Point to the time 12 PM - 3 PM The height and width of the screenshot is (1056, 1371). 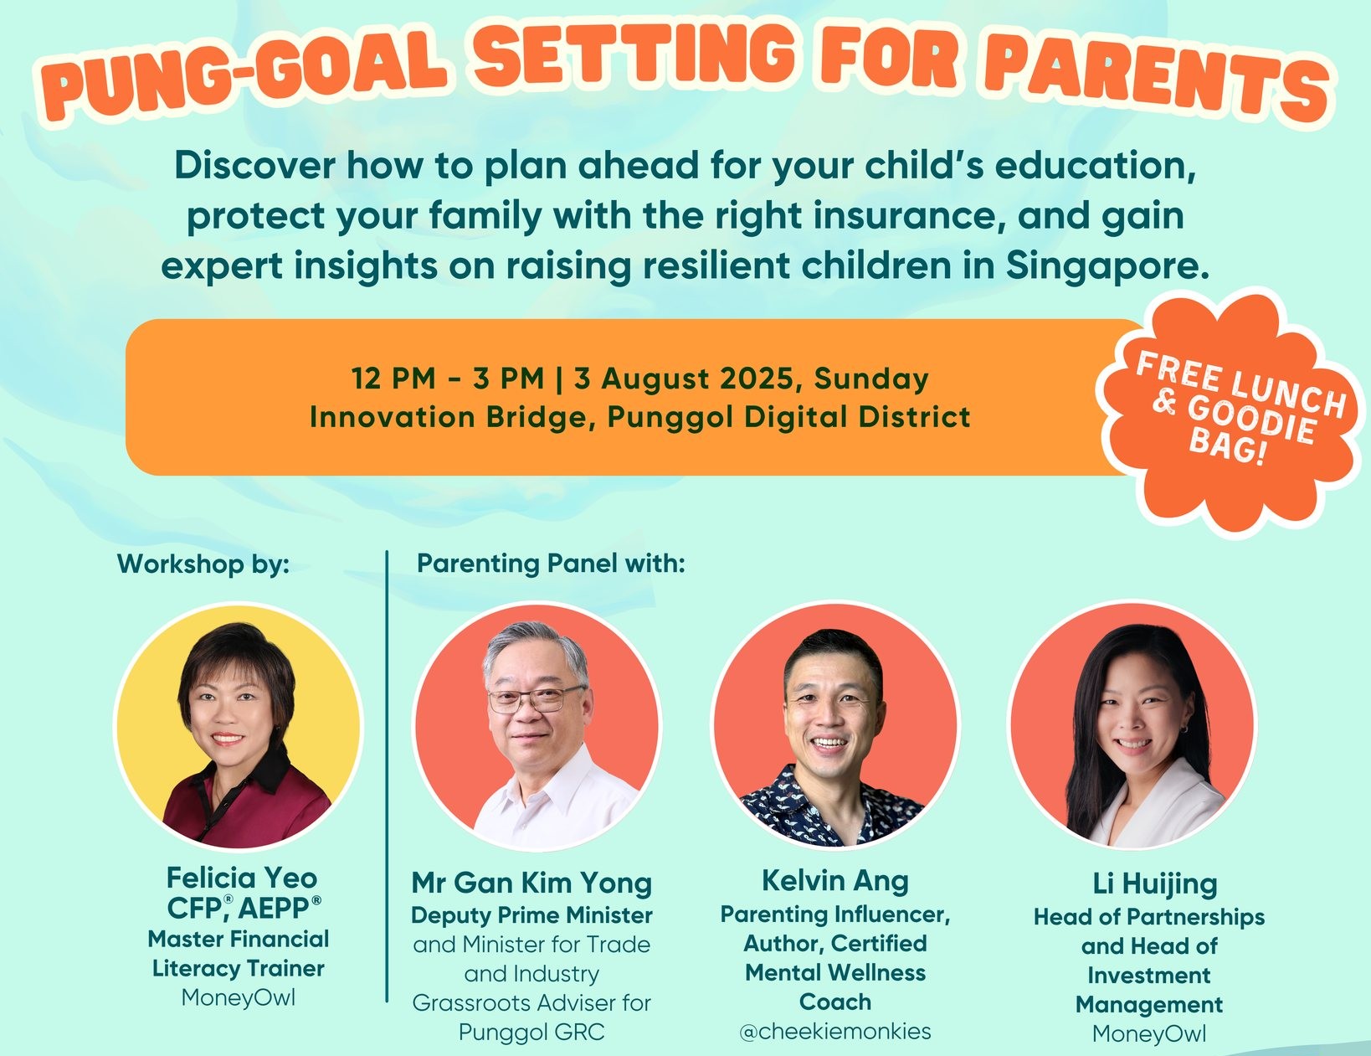[x=447, y=378]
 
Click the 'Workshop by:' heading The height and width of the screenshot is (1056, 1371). [x=203, y=564]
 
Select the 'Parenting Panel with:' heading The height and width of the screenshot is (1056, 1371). [x=551, y=563]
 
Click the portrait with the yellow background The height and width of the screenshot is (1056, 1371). [x=239, y=726]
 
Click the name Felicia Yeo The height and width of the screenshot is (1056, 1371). [x=242, y=877]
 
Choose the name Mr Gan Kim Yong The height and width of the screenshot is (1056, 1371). [x=531, y=882]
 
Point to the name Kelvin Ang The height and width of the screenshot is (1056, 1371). [x=834, y=880]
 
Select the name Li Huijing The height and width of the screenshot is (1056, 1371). [x=1154, y=883]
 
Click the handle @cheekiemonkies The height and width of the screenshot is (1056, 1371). [x=834, y=1031]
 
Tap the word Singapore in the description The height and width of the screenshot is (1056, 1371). [x=1107, y=266]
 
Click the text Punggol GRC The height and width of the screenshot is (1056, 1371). [x=531, y=1032]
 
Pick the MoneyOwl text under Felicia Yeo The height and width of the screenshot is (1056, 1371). [x=238, y=997]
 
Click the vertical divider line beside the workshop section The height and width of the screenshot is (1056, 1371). [x=386, y=775]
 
